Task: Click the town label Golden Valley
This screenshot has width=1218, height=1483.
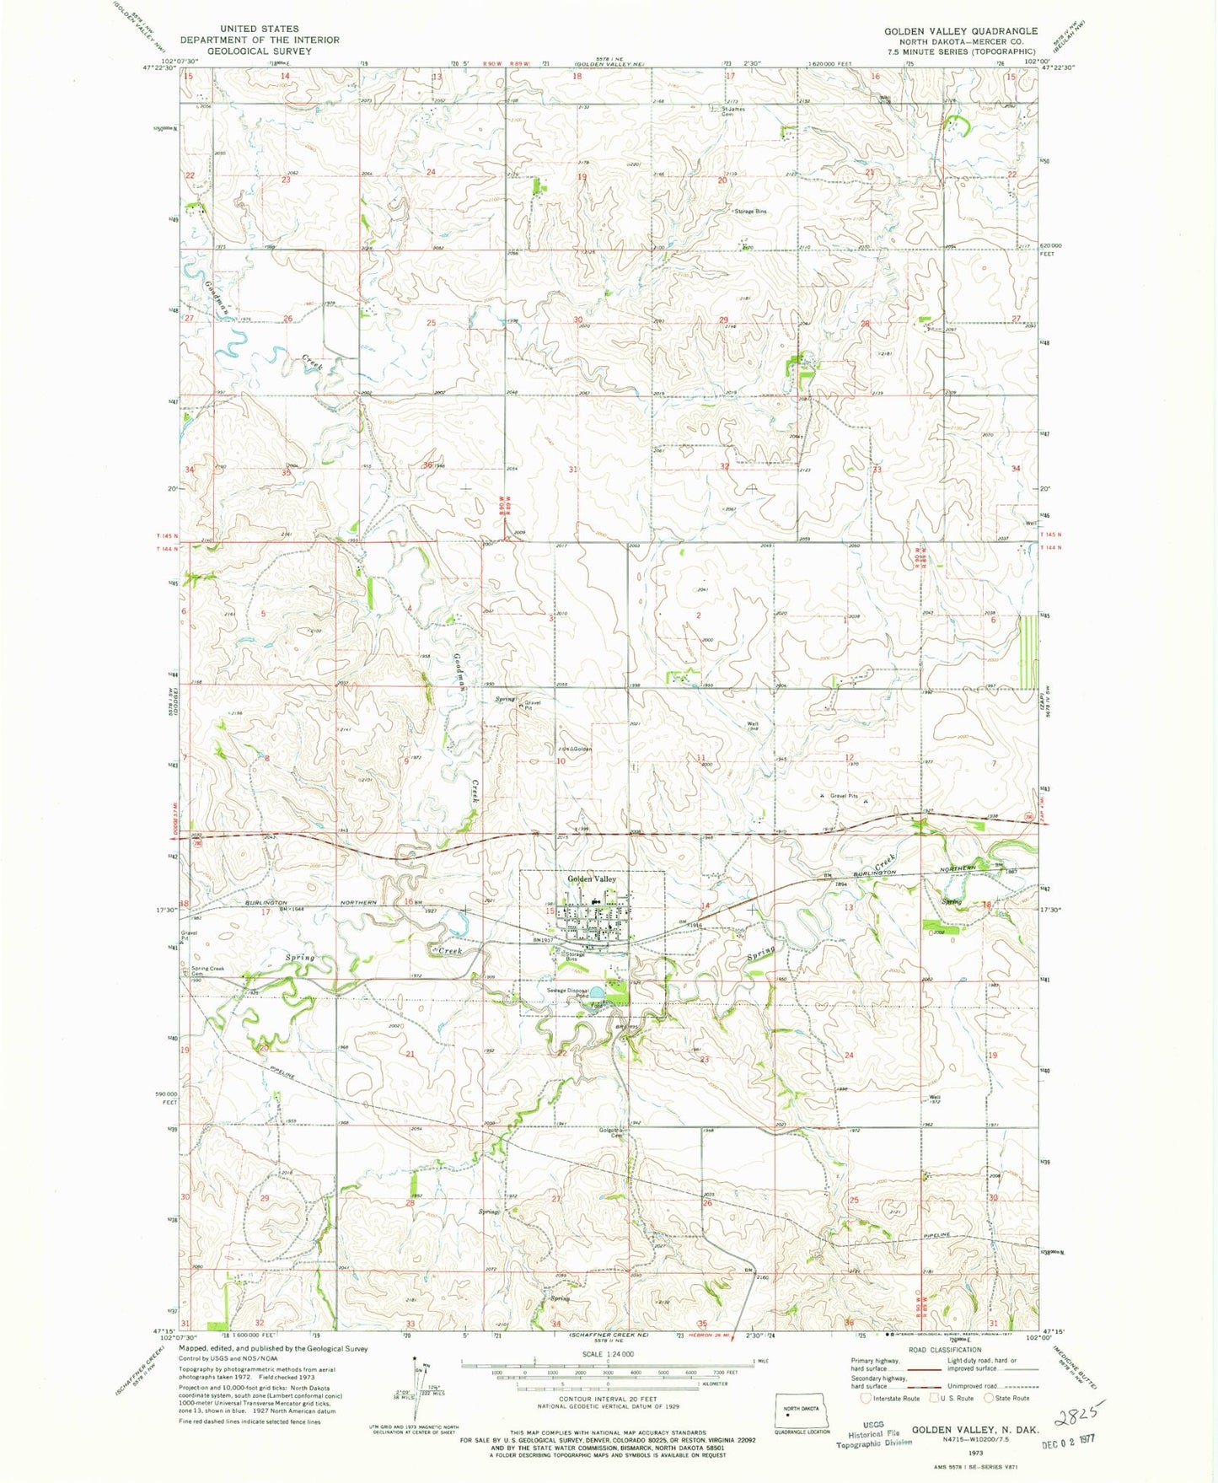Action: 591,879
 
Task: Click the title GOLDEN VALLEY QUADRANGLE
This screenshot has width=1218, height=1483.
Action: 960,31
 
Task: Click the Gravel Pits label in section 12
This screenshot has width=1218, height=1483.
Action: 843,795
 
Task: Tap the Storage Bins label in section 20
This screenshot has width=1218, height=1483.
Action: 750,212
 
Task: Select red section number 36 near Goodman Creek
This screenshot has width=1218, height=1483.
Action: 428,466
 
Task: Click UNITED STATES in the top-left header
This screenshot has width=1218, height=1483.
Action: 259,29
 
